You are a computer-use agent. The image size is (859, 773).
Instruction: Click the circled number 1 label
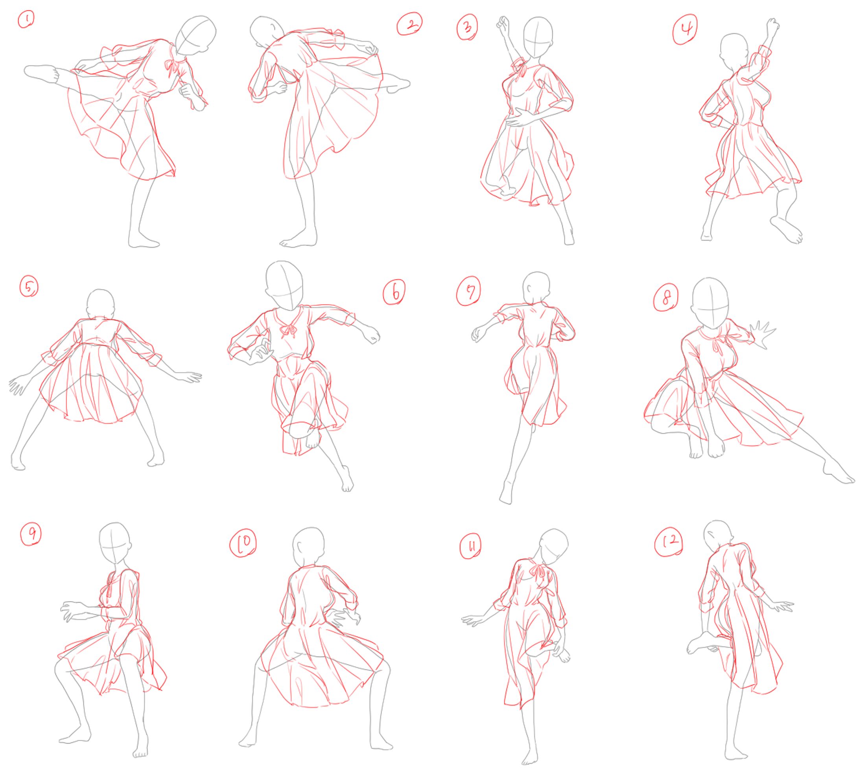(x=26, y=19)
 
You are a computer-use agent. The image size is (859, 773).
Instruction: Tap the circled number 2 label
(x=409, y=24)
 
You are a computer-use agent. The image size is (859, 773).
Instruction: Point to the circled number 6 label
(x=394, y=292)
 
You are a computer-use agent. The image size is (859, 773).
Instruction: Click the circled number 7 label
(x=468, y=291)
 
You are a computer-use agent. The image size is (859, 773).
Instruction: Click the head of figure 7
(x=536, y=288)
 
